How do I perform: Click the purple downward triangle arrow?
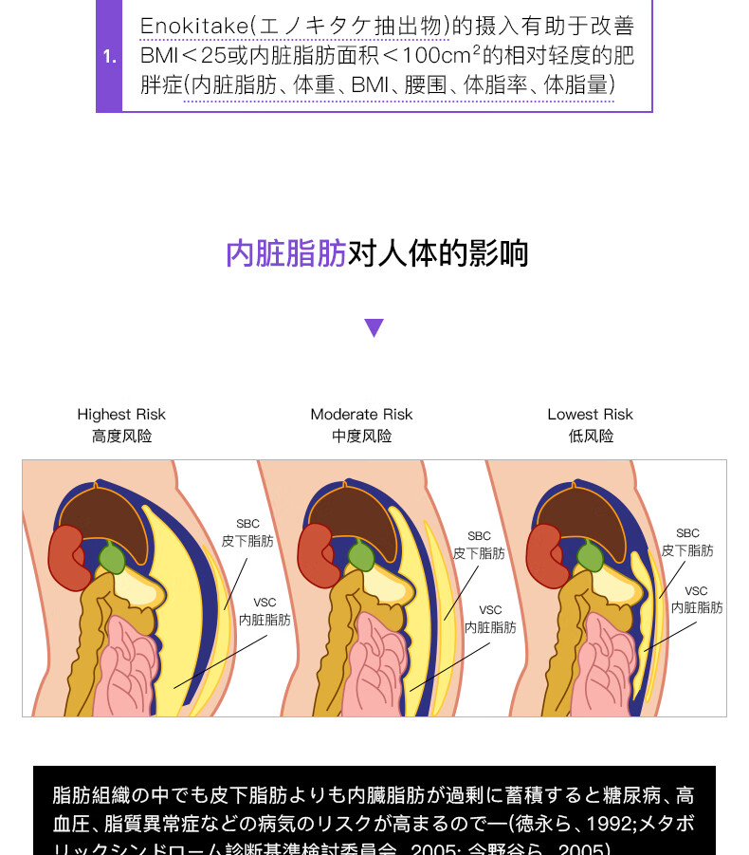click(x=374, y=328)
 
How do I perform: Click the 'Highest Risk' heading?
click(x=121, y=415)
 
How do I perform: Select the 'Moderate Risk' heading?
click(x=361, y=415)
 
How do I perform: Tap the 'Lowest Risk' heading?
click(x=590, y=415)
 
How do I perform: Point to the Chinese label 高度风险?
click(x=121, y=437)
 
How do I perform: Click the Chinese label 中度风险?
click(x=361, y=437)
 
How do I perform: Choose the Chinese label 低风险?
click(x=590, y=437)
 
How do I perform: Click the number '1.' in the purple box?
click(x=109, y=57)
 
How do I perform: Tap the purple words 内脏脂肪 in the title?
click(x=285, y=254)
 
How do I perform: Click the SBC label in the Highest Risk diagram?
click(x=247, y=524)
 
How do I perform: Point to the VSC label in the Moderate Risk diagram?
click(x=490, y=610)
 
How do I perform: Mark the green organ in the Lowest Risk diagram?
click(x=589, y=557)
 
